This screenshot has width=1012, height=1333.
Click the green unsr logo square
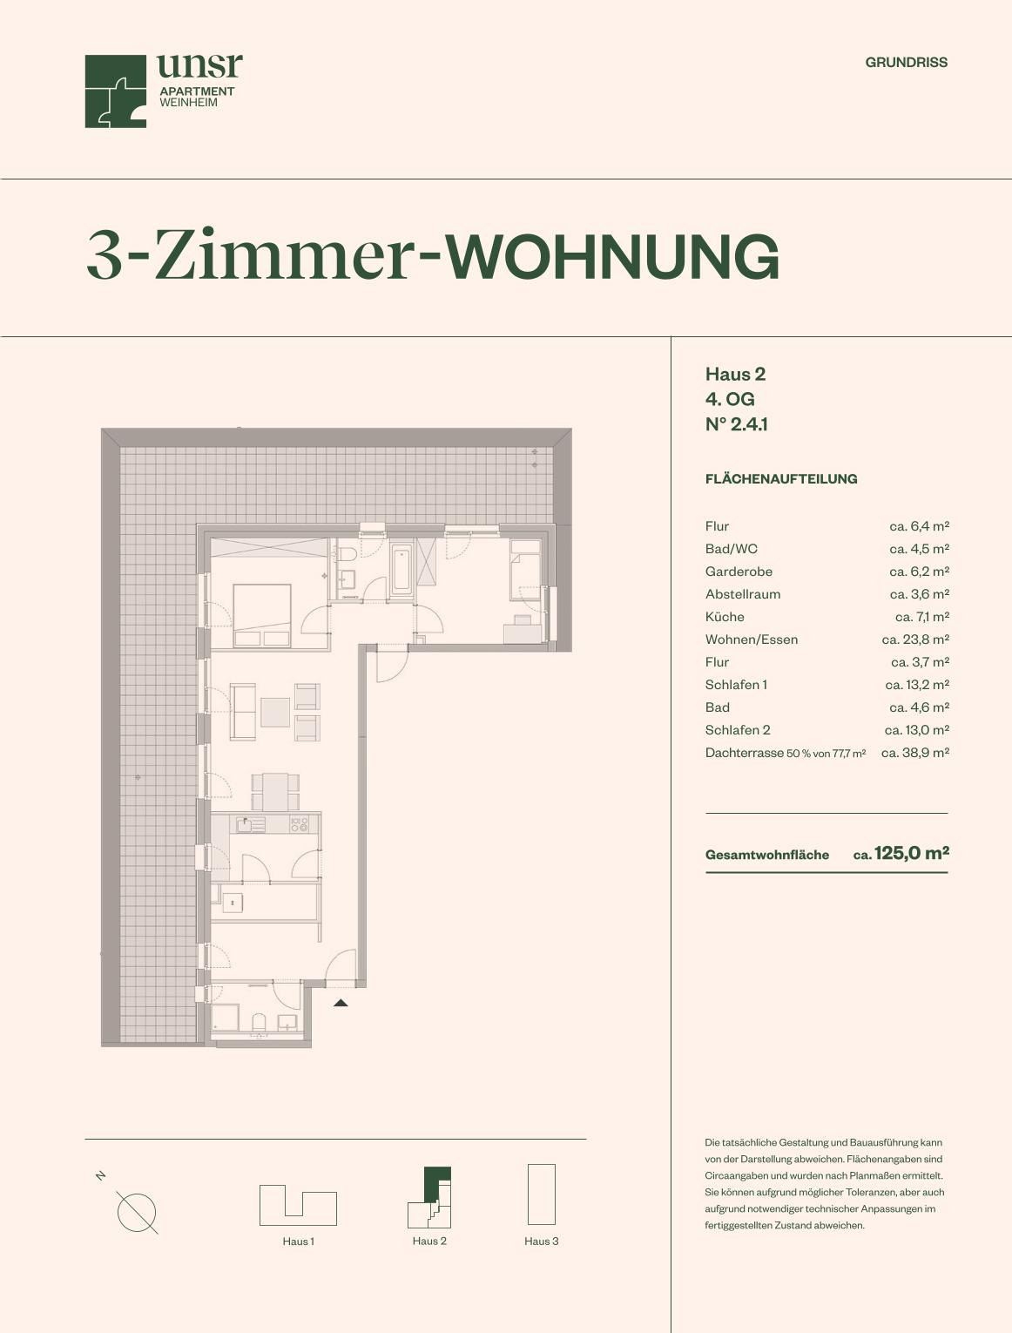(115, 91)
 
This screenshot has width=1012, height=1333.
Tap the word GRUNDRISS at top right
(906, 63)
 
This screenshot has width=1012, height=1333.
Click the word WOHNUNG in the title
(612, 257)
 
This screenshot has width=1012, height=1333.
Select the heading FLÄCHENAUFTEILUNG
(780, 479)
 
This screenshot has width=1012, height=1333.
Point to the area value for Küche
(921, 617)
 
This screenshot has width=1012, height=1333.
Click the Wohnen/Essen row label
(751, 639)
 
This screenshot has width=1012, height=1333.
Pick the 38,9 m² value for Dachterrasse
(914, 753)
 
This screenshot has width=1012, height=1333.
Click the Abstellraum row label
(743, 594)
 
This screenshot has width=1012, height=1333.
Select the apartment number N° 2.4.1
(737, 424)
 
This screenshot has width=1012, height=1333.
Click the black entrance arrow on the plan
(341, 1003)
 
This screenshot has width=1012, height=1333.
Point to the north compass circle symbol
(137, 1213)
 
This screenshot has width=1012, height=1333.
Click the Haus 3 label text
(541, 1242)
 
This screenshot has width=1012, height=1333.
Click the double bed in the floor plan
(261, 615)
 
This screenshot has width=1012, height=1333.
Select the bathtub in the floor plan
(401, 570)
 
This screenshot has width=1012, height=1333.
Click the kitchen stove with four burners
(300, 824)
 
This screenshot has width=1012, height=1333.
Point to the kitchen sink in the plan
(250, 824)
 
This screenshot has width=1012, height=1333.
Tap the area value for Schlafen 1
(917, 685)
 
